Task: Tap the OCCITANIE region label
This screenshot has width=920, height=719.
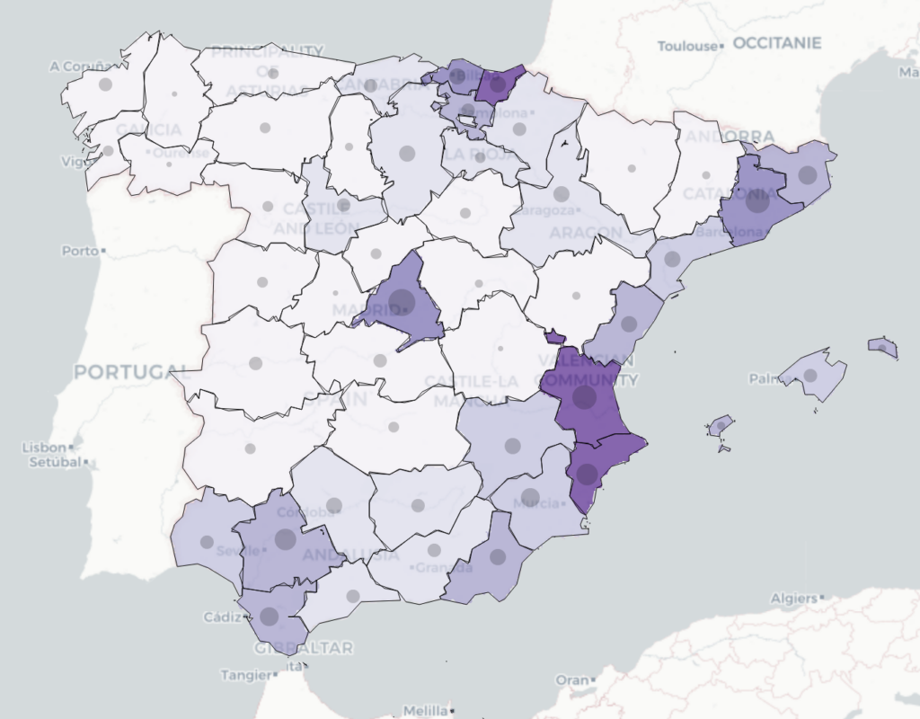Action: tap(777, 43)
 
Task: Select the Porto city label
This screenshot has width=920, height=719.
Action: tap(80, 251)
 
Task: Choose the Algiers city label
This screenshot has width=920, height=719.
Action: tap(793, 598)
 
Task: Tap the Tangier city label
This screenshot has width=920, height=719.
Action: tap(246, 674)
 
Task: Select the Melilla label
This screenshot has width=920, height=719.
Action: tap(425, 710)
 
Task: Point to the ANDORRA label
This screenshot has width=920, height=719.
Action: tap(729, 137)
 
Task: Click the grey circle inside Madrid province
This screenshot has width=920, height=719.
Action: tap(401, 302)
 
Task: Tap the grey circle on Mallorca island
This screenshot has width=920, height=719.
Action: tap(810, 376)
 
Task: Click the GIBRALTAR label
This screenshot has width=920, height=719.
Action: tap(303, 647)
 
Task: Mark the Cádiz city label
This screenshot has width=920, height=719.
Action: tap(222, 617)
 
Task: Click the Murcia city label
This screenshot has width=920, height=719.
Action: tap(537, 503)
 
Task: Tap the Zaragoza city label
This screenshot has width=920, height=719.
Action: tap(543, 211)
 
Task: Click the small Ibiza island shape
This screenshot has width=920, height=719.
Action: tap(721, 425)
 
